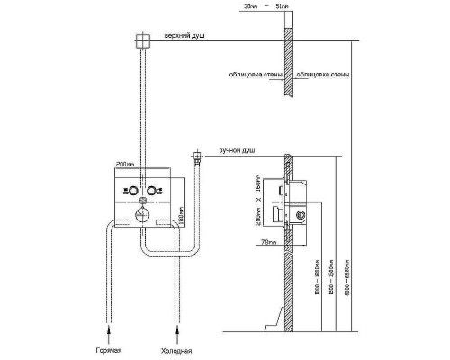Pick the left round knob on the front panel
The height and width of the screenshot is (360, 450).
130,191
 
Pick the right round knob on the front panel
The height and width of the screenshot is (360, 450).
153,191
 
